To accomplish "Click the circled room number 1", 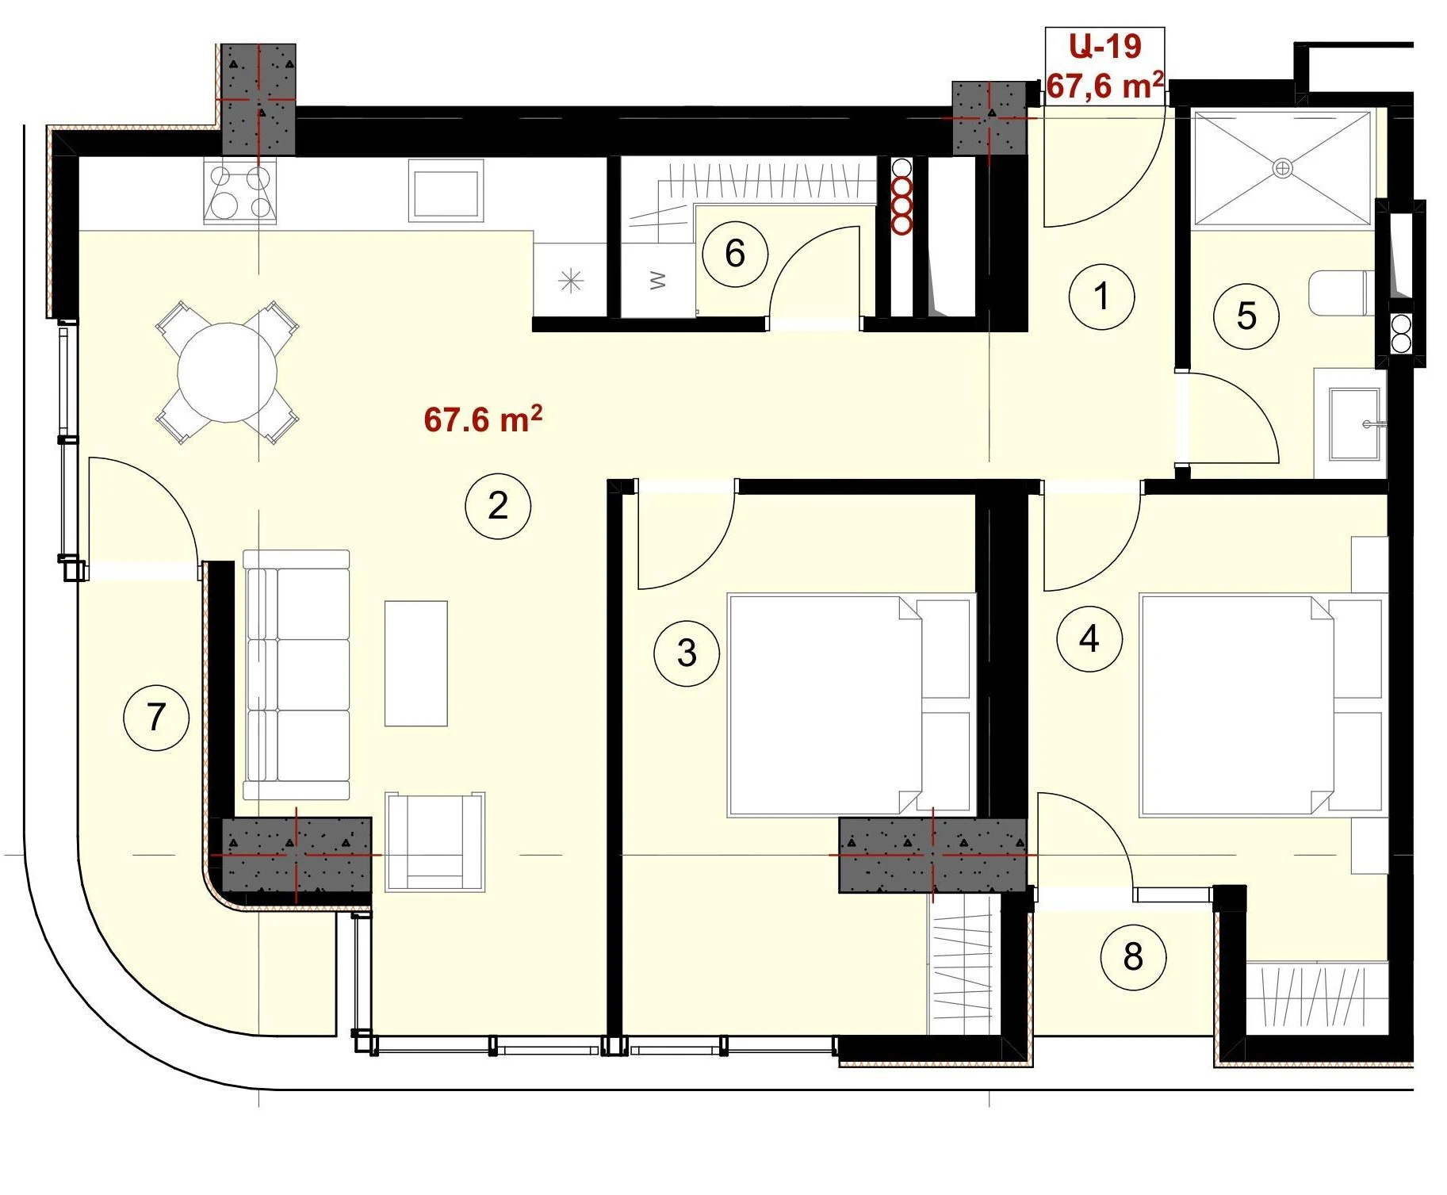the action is (x=1101, y=297).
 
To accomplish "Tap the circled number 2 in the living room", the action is (x=498, y=506).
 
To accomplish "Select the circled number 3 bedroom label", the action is (x=687, y=653).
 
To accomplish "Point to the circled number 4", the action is (x=1089, y=639).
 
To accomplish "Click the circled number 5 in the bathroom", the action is (x=1246, y=316).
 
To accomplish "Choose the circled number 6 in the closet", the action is (x=735, y=254).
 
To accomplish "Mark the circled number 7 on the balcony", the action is (x=156, y=718).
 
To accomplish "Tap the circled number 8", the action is (x=1133, y=957).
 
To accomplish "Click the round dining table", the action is (x=228, y=372).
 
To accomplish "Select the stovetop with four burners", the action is (x=240, y=191).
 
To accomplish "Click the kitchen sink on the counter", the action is (x=446, y=191).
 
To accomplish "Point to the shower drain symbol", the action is (x=1282, y=168).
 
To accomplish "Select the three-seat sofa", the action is (x=297, y=675).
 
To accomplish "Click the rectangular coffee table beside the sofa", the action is (x=416, y=664).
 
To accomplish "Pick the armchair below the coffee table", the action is (x=435, y=841).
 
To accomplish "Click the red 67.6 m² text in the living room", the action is (x=483, y=419).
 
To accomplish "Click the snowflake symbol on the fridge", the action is (x=571, y=281).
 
